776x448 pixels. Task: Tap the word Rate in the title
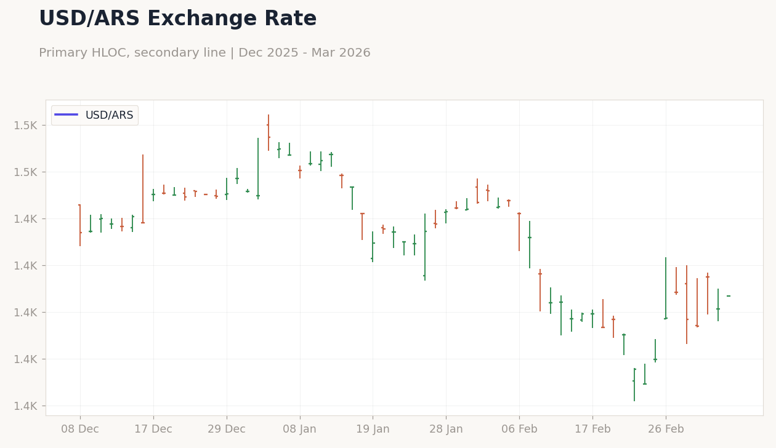[x=290, y=18]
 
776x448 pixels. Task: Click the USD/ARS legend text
[x=109, y=115]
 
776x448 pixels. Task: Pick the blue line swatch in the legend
[x=66, y=114]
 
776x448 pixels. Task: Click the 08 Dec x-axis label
[x=80, y=429]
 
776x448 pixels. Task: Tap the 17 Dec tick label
[x=153, y=429]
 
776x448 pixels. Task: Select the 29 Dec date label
[x=227, y=429]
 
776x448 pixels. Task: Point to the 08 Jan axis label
[x=300, y=429]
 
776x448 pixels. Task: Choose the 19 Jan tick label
[x=373, y=429]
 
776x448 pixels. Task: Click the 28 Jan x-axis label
[x=446, y=429]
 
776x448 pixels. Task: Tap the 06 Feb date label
[x=519, y=429]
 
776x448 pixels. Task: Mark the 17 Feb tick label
[x=592, y=429]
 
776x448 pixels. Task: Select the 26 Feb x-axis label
[x=666, y=429]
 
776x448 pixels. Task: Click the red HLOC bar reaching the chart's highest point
[x=269, y=132]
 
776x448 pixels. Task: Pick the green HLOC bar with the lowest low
[x=634, y=385]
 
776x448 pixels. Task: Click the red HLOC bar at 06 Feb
[x=519, y=232]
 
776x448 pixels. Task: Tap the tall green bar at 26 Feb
[x=666, y=288]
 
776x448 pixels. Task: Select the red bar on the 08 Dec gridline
[x=80, y=225]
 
